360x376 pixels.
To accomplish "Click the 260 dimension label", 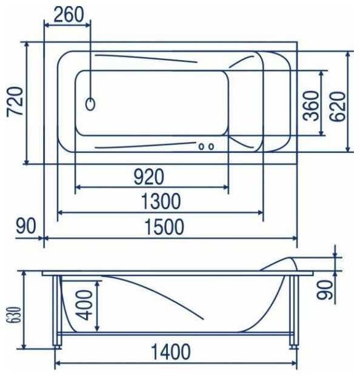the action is [x=69, y=15].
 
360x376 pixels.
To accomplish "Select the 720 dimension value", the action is [x=15, y=102].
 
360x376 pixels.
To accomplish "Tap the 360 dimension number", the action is [x=311, y=106].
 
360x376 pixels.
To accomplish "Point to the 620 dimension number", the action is [x=338, y=107].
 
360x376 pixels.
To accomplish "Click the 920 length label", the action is [x=149, y=176].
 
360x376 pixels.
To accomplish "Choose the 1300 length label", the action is [x=161, y=201].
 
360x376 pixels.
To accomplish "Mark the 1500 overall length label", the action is [x=165, y=227].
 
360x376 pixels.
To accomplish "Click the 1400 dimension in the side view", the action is [x=171, y=352].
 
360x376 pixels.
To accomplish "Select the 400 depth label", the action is [x=85, y=305].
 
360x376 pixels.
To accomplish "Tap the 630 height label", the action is [x=15, y=315].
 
